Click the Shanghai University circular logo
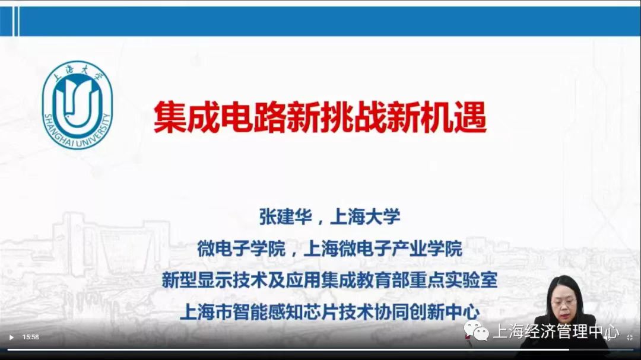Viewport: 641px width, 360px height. pos(77,105)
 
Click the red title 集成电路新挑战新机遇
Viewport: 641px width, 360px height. pos(320,117)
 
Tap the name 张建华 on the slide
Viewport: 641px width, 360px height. pos(285,216)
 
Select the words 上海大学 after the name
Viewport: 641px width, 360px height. pos(365,216)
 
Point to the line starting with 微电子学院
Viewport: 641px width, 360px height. pos(329,249)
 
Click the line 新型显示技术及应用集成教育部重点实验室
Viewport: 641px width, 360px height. pos(329,280)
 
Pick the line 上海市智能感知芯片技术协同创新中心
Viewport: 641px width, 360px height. pos(329,312)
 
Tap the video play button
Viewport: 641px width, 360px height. pos(11,337)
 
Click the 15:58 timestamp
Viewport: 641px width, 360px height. pos(31,337)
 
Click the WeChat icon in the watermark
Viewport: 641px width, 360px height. pos(477,331)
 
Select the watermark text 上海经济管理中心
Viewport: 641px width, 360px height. pos(556,331)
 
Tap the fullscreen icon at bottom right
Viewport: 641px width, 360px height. pos(630,337)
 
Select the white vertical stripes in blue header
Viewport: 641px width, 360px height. pos(16,21)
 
